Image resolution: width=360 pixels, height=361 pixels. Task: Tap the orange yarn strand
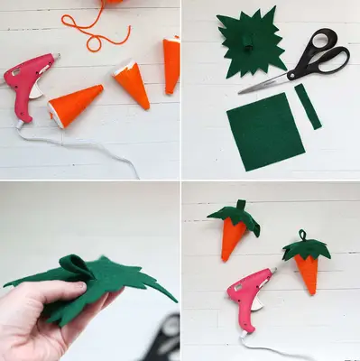pos(94,32)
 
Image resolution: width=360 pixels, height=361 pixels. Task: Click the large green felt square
pos(263,134)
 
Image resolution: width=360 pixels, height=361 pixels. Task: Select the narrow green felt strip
pos(308,106)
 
